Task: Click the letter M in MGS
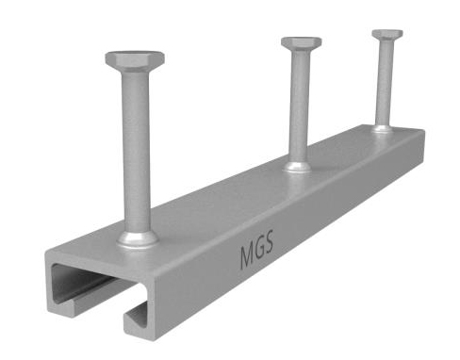coord(246,256)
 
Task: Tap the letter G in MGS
coord(258,249)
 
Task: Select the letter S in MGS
coord(269,242)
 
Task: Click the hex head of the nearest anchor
coord(135,59)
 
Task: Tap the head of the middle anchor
coord(301,43)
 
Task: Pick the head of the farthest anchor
coord(387,34)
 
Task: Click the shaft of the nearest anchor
coord(137,151)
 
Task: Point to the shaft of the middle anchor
coord(300,106)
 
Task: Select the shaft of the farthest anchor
coord(385,83)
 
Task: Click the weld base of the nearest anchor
coord(138,239)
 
